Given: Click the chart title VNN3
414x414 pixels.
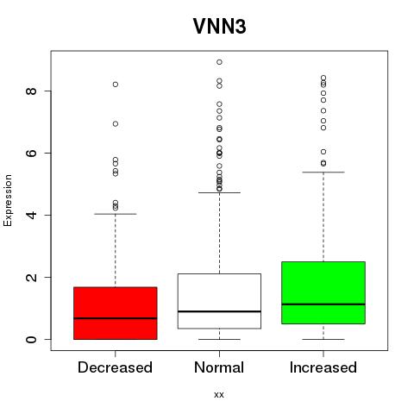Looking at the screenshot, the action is click(219, 26).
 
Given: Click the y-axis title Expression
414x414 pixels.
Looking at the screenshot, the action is click(8, 200).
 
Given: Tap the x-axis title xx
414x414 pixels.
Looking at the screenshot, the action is click(219, 394).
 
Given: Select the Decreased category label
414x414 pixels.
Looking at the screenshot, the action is click(115, 367).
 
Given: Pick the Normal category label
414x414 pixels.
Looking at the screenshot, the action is click(219, 367).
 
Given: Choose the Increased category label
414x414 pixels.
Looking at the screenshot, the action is click(323, 367).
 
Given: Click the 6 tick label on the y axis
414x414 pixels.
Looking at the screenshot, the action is click(31, 153).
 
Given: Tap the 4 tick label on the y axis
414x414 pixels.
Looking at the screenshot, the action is click(31, 215).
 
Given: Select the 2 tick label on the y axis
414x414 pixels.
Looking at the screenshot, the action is click(31, 277).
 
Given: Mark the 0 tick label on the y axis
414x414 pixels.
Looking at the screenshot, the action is click(31, 339).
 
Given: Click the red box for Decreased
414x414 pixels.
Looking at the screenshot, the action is click(116, 313).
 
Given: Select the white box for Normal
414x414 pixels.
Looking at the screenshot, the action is click(219, 301).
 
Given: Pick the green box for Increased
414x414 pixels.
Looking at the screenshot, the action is click(323, 292).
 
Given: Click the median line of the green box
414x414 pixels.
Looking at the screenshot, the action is click(323, 304).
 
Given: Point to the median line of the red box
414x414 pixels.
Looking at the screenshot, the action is click(116, 318).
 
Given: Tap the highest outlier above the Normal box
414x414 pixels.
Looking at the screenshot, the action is click(219, 62).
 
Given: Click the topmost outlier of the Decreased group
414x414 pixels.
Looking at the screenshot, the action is click(116, 85).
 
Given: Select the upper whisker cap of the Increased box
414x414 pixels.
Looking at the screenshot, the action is click(323, 172).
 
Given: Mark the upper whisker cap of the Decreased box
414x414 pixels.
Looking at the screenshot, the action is click(116, 214).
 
